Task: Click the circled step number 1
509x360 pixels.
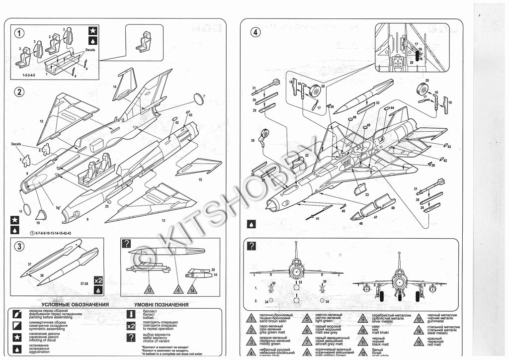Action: click(x=18, y=33)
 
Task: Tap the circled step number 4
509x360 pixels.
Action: click(x=254, y=33)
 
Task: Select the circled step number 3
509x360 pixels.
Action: click(x=18, y=246)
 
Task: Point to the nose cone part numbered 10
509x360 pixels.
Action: click(x=42, y=214)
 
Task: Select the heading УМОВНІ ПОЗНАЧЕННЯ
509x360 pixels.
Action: click(x=161, y=304)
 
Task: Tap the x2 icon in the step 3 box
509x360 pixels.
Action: click(x=98, y=279)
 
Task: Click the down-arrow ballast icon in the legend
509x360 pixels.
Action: click(x=131, y=314)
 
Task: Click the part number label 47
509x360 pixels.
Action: click(x=376, y=217)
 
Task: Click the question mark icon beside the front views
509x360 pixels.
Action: click(x=252, y=246)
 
